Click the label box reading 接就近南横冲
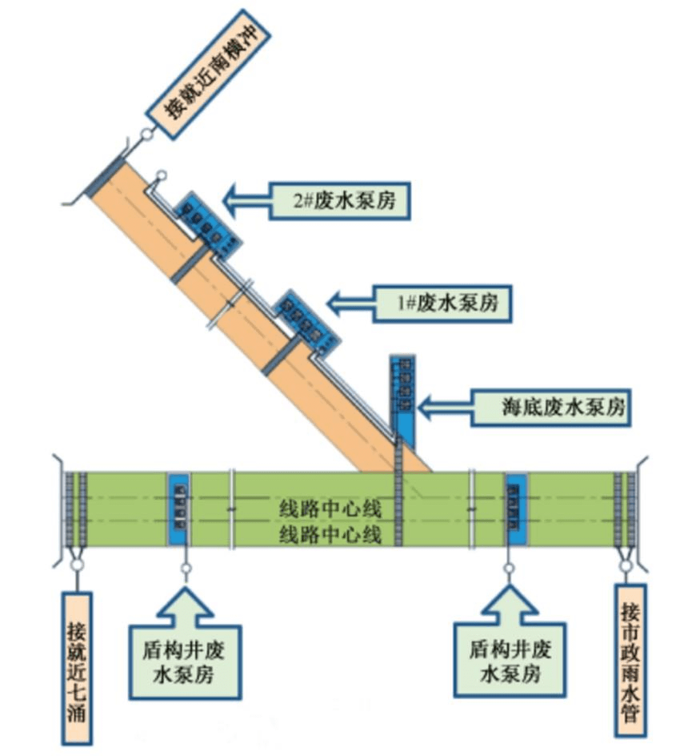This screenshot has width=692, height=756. pyautogui.click(x=210, y=68)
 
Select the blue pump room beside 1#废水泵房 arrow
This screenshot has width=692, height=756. pyautogui.click(x=307, y=321)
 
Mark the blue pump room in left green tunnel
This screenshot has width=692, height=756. pyautogui.click(x=180, y=510)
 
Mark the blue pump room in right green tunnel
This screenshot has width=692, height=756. pyautogui.click(x=517, y=510)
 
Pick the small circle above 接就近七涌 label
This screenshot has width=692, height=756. pyautogui.click(x=77, y=565)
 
